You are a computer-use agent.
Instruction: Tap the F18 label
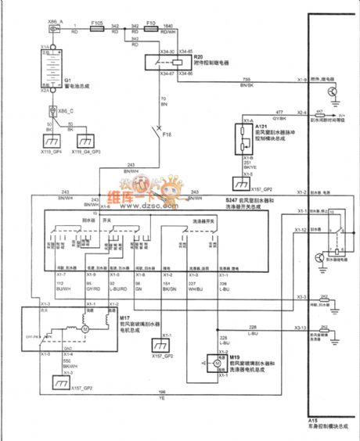[167, 134]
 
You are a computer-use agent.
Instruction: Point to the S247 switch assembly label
[215, 201]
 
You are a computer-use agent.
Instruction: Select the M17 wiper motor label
[124, 319]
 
